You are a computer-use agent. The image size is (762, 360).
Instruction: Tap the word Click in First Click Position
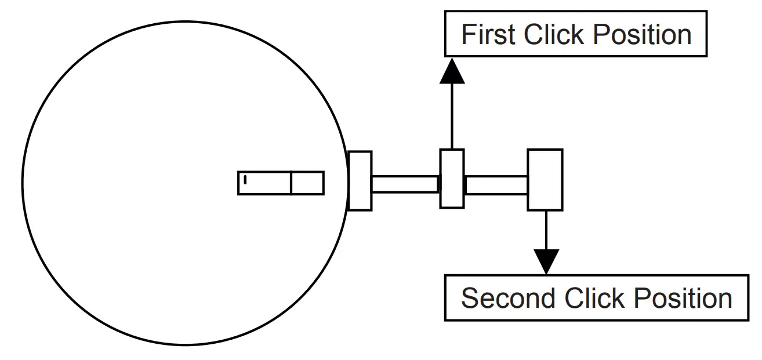[x=554, y=35]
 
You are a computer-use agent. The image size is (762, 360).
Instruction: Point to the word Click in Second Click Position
[x=594, y=299]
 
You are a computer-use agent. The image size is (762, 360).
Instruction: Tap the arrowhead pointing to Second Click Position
[x=545, y=261]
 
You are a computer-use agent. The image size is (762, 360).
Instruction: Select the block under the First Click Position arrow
[x=452, y=179]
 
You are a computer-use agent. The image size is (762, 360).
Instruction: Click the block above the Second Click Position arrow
[x=545, y=180]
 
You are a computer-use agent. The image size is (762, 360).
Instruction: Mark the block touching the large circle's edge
[x=360, y=181]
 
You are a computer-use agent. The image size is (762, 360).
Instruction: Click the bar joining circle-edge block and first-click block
[x=405, y=184]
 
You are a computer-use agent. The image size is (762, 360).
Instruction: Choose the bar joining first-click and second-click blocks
[x=496, y=184]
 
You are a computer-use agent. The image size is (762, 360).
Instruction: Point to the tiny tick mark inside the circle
[x=245, y=179]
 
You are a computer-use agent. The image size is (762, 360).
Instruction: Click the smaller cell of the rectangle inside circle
[x=307, y=183]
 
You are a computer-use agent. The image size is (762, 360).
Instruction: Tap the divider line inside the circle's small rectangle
[x=291, y=183]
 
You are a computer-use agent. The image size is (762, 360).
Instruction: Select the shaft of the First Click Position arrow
[x=452, y=116]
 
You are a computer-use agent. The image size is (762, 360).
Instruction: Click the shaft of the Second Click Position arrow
[x=545, y=229]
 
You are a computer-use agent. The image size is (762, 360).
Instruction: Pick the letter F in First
[x=467, y=35]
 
